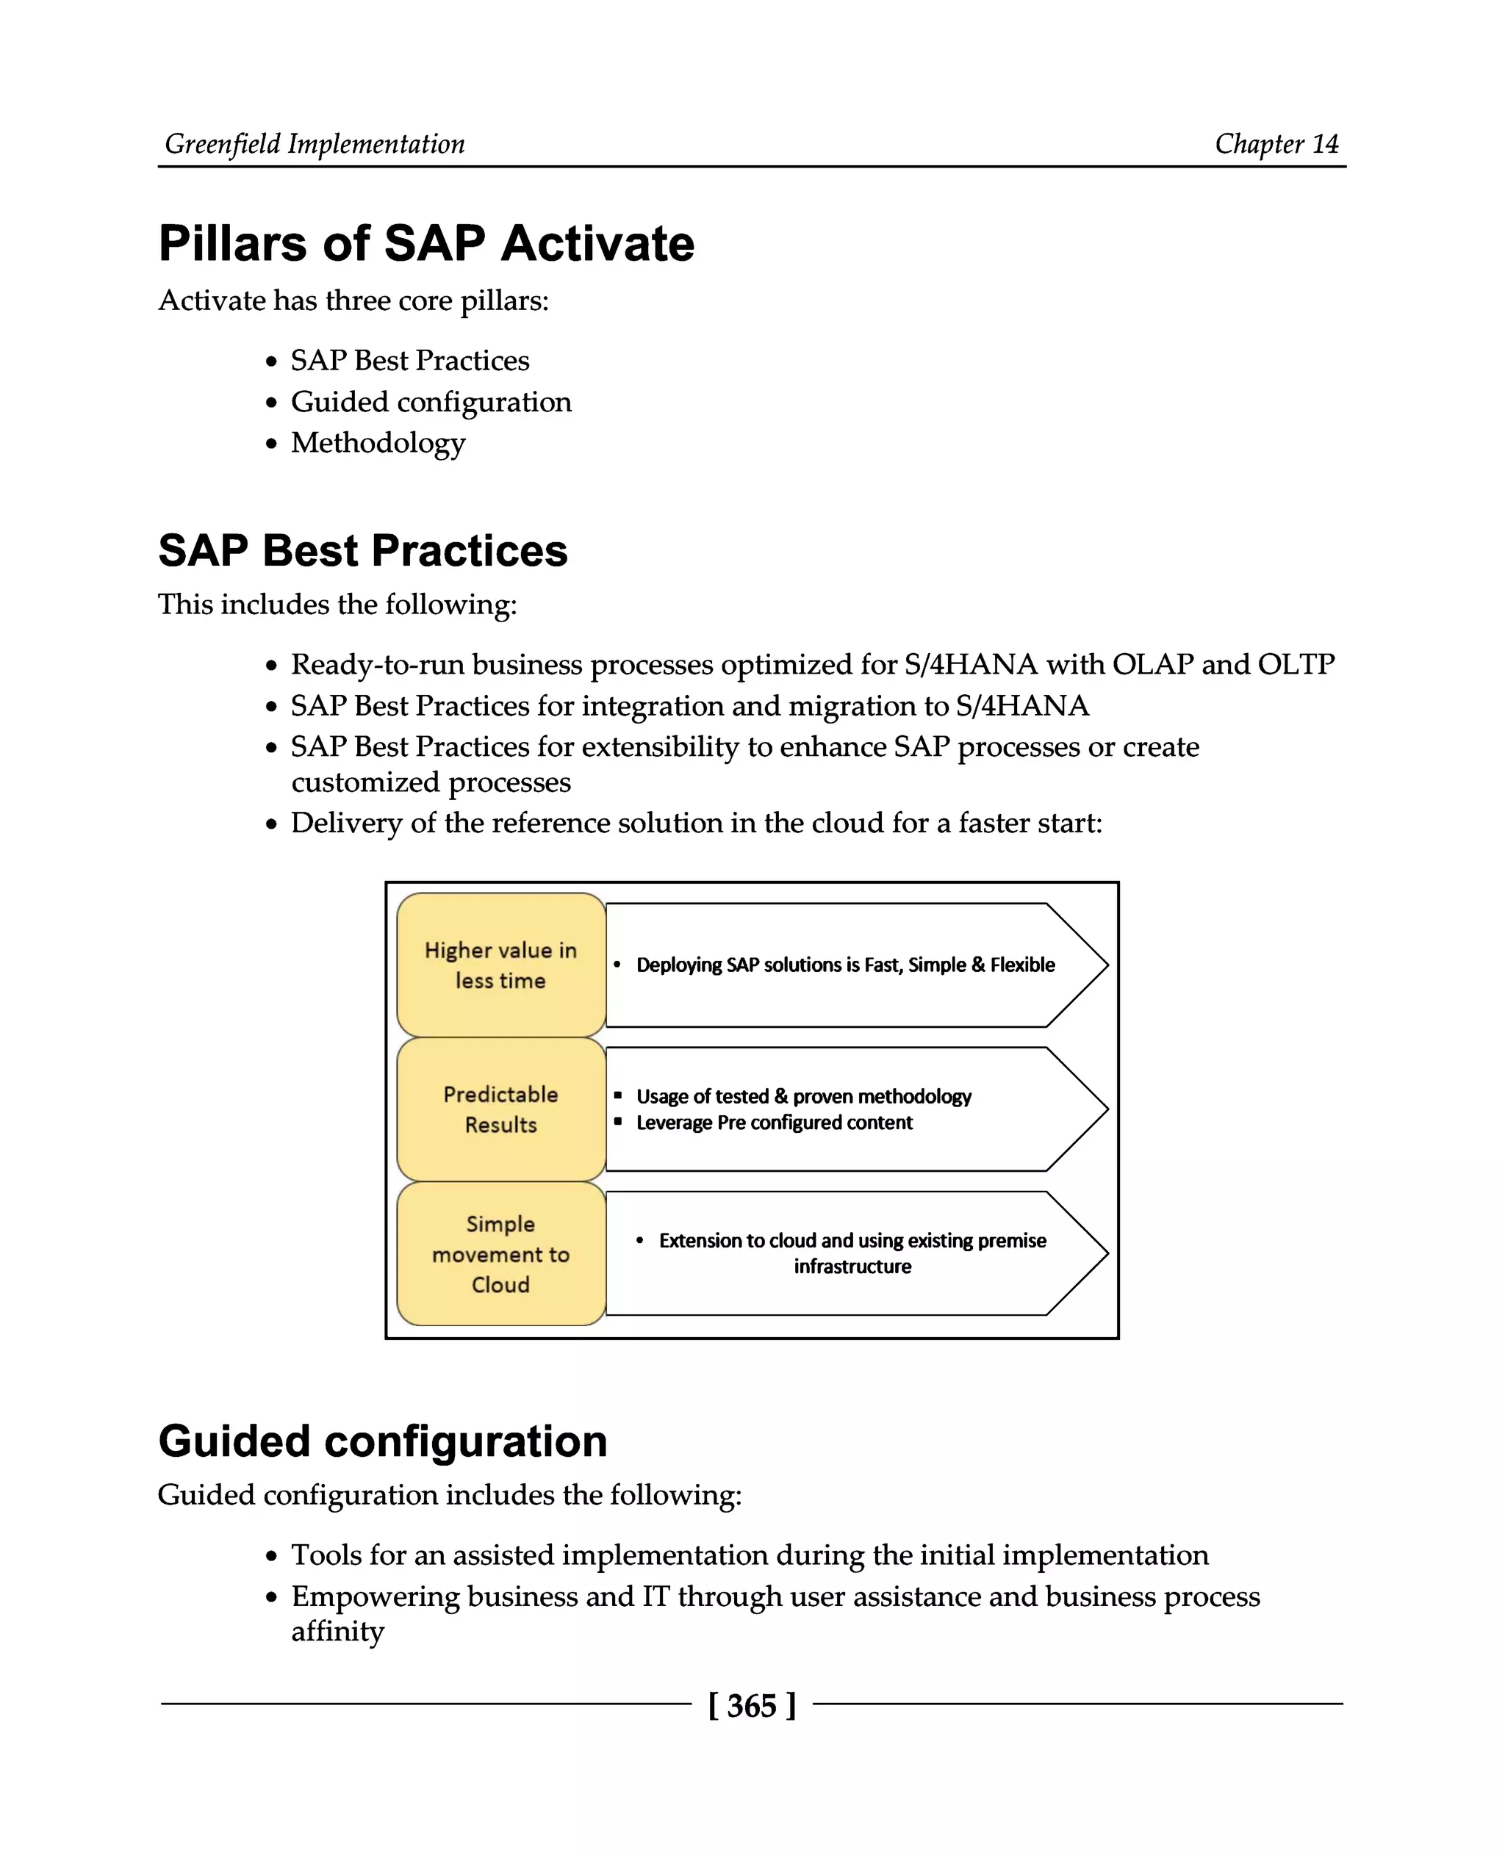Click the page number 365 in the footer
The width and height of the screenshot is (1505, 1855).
(751, 1705)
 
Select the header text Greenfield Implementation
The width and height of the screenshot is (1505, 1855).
(315, 144)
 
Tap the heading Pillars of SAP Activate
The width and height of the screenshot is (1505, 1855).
(425, 244)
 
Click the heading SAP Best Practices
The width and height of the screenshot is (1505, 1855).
(362, 550)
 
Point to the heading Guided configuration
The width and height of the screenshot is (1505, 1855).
(382, 1441)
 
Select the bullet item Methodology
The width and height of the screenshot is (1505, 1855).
(378, 443)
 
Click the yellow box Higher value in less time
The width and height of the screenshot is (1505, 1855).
(500, 965)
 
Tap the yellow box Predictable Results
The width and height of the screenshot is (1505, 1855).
(500, 1109)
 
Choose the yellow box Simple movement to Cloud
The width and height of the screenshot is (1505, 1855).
(500, 1253)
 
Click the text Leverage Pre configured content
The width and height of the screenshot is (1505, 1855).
(773, 1123)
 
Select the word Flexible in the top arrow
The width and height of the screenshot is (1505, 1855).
(1022, 965)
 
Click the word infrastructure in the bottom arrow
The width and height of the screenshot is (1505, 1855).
(852, 1267)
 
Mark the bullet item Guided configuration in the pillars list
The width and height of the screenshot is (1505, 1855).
(431, 402)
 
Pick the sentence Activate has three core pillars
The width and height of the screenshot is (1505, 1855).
(353, 300)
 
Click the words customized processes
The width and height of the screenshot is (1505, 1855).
(431, 782)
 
